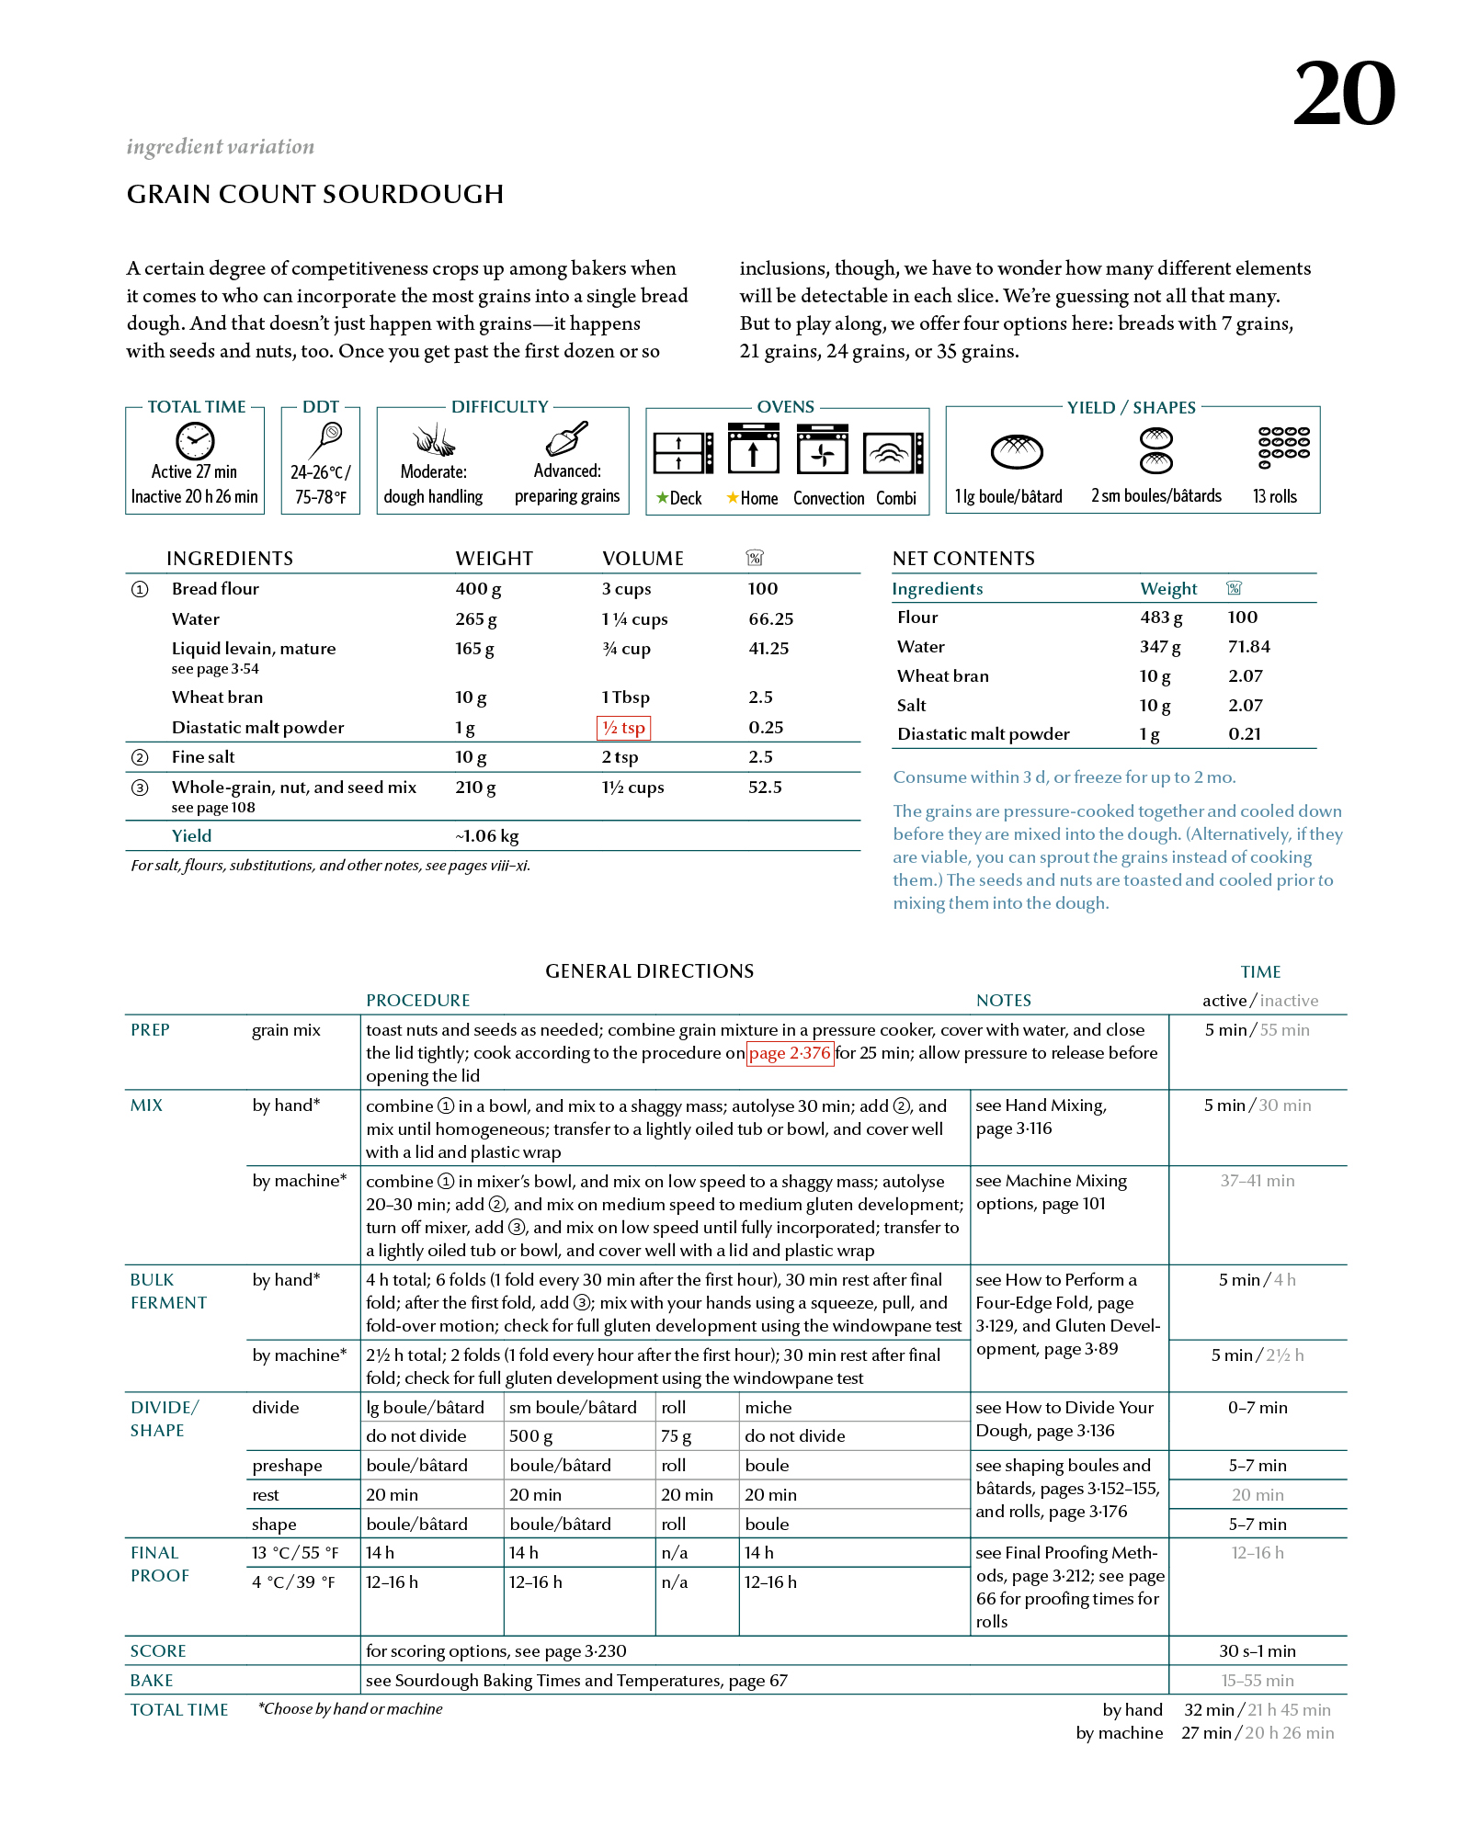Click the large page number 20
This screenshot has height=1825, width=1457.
pos(1344,94)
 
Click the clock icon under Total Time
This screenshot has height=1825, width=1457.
pos(195,441)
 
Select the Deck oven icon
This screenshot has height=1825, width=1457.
pos(683,452)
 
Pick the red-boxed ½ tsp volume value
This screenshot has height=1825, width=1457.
pos(624,728)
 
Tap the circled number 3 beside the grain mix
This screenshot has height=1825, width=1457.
pos(140,788)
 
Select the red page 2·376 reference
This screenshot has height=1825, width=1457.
pos(790,1053)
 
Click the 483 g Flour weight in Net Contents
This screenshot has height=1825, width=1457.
pos(1161,618)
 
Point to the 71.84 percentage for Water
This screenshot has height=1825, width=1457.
pos(1248,647)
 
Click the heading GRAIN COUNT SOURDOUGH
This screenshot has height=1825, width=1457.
pos(315,195)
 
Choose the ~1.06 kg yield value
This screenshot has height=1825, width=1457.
pos(487,836)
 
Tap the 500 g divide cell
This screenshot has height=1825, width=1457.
pos(531,1436)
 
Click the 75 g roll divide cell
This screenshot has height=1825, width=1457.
pos(676,1436)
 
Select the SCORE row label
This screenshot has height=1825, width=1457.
pos(158,1651)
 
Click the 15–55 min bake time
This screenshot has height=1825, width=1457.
pos(1257,1681)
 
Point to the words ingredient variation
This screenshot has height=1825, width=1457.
pos(221,147)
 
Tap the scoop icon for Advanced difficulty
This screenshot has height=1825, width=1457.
pos(567,439)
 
